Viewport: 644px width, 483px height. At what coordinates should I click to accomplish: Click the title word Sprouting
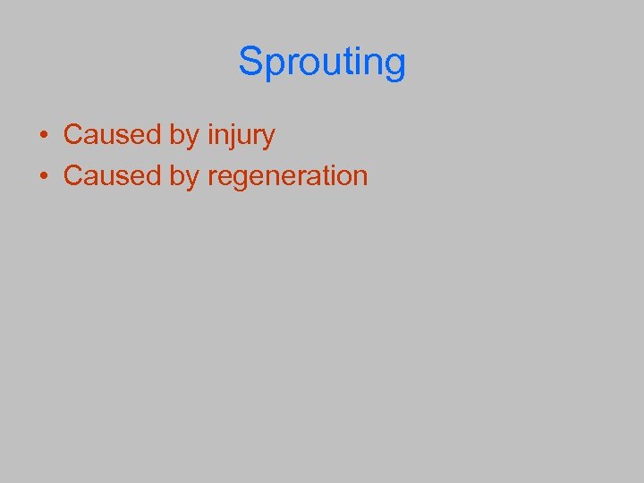click(x=322, y=63)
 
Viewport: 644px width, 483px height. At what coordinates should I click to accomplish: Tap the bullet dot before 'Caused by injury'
click(x=43, y=136)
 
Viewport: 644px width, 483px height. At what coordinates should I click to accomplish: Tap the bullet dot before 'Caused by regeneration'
click(x=43, y=176)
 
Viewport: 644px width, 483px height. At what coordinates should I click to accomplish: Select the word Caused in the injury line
click(x=112, y=135)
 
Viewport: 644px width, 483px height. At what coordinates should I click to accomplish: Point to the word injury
click(x=241, y=136)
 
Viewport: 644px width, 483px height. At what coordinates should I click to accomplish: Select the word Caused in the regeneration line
click(x=112, y=175)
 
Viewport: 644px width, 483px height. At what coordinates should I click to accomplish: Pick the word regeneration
click(x=287, y=176)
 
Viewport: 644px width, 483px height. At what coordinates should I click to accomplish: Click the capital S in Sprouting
click(x=250, y=62)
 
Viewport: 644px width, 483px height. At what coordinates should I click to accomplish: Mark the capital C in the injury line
click(x=73, y=135)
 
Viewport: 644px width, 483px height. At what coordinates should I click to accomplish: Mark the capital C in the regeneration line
click(x=73, y=175)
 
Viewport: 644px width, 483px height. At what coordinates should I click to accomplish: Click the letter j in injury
click(x=233, y=138)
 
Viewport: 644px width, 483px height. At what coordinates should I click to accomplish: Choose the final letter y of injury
click(x=268, y=139)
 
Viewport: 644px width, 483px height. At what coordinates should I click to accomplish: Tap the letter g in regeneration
click(x=239, y=179)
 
